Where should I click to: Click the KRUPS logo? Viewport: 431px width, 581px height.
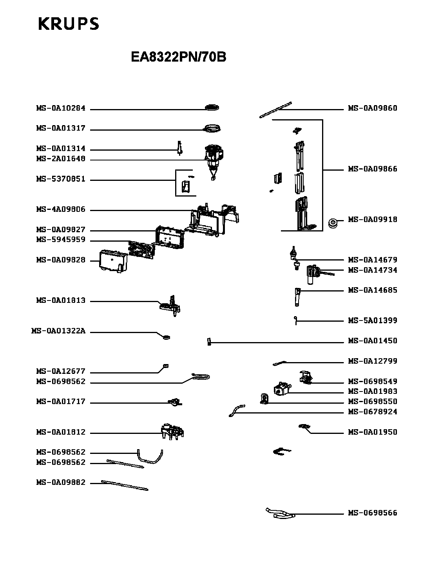click(69, 24)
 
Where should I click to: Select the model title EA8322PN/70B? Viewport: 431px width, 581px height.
click(178, 57)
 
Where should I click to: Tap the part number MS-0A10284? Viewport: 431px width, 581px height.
click(61, 108)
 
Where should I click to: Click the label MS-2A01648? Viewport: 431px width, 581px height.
click(61, 159)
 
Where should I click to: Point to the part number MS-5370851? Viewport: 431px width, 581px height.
click(61, 179)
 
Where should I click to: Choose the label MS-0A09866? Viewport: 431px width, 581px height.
click(373, 169)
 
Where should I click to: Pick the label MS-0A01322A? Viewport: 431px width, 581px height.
click(58, 331)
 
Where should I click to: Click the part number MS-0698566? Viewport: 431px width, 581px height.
click(373, 513)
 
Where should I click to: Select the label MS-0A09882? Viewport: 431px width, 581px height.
click(61, 483)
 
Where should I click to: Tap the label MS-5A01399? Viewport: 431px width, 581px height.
click(373, 321)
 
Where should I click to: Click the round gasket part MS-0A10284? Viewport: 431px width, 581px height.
click(212, 107)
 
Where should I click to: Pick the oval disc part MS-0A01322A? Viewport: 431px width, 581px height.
click(167, 337)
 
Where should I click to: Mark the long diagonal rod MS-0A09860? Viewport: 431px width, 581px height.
click(276, 109)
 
